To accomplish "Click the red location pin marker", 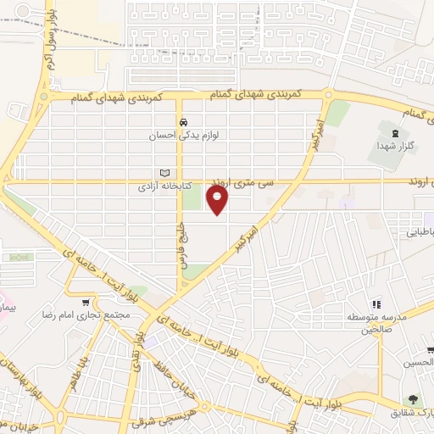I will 218,200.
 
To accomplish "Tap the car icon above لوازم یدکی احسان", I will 182,121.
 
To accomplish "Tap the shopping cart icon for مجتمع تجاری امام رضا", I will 85,302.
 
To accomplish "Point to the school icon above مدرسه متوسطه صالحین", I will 377,303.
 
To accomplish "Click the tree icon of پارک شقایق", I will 413,399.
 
